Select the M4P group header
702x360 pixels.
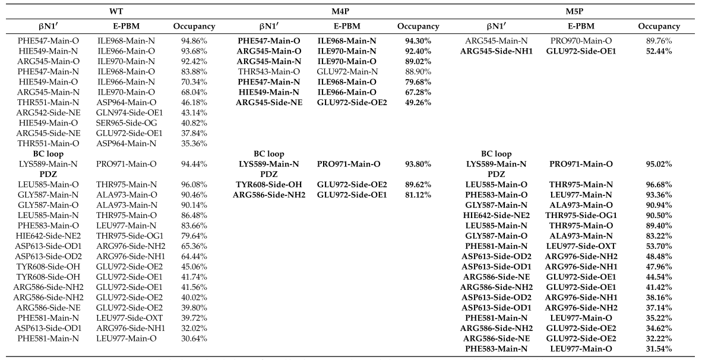tap(341, 11)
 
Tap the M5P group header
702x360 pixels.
tap(574, 11)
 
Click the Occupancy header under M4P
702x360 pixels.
tap(418, 26)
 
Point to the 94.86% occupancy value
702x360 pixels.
tap(194, 41)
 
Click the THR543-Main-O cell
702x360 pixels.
tap(269, 72)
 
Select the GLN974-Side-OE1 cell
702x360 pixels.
tap(129, 113)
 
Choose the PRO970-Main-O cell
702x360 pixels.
tap(581, 41)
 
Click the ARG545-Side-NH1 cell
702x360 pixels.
tap(497, 51)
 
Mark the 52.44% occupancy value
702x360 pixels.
tap(659, 51)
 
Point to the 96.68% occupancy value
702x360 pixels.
tap(659, 185)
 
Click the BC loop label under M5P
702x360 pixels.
tap(497, 154)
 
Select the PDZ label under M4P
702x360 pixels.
tap(269, 174)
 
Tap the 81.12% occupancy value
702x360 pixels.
tap(418, 195)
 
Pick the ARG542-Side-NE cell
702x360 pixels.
tap(49, 113)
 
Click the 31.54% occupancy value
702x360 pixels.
tap(659, 349)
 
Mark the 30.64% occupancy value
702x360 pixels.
tap(194, 339)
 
